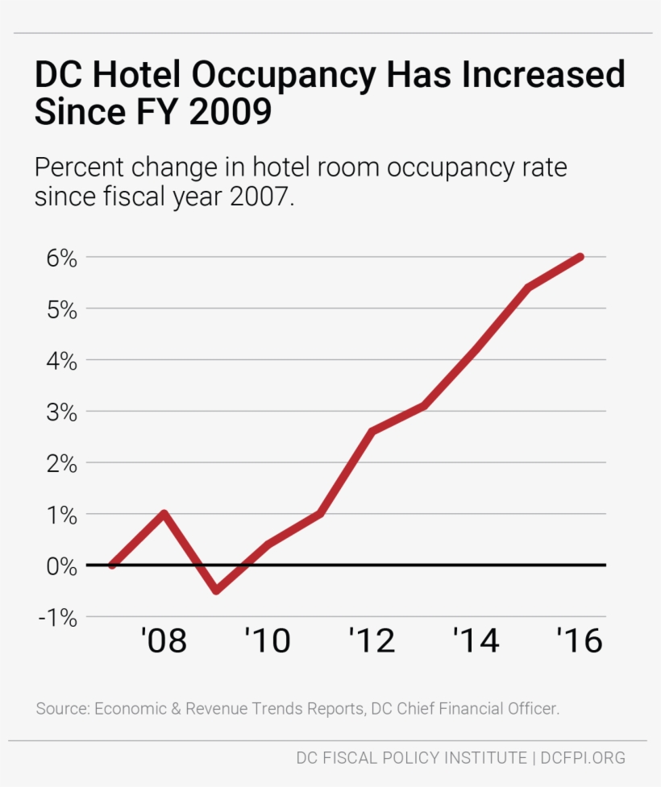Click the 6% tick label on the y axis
pos(56,259)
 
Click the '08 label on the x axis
pos(164,641)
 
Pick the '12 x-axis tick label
pos(372,641)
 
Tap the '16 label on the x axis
pos(580,641)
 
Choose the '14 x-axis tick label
pos(476,641)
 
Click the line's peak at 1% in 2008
pos(164,513)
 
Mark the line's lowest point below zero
pos(216,590)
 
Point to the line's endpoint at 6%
pos(580,257)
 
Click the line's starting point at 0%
pos(112,565)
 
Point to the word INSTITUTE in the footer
pos(480,758)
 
